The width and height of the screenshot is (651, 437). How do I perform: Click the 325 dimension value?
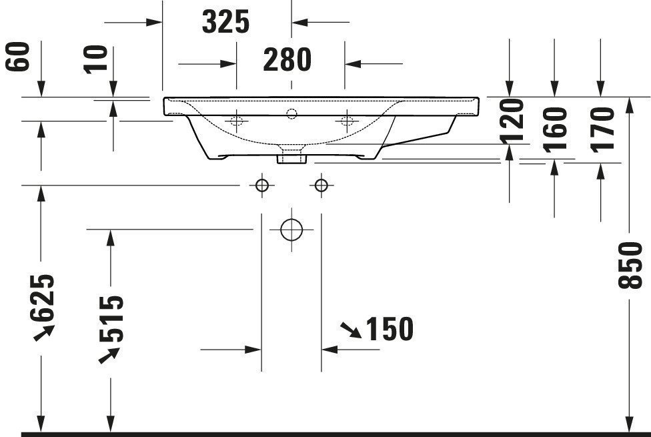point(226,22)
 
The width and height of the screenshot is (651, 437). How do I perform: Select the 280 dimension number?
point(287,59)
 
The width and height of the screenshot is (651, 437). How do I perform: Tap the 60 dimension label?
point(18,57)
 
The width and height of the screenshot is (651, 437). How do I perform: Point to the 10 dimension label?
point(95,60)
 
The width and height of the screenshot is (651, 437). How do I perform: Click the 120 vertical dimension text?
point(512,121)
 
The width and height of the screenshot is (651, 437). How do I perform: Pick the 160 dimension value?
point(556,129)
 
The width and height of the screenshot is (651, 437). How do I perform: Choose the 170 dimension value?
point(602,129)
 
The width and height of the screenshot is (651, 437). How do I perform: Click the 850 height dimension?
point(630,266)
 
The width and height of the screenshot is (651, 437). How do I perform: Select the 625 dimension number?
point(42,298)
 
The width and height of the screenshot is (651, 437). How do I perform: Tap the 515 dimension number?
point(111,319)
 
